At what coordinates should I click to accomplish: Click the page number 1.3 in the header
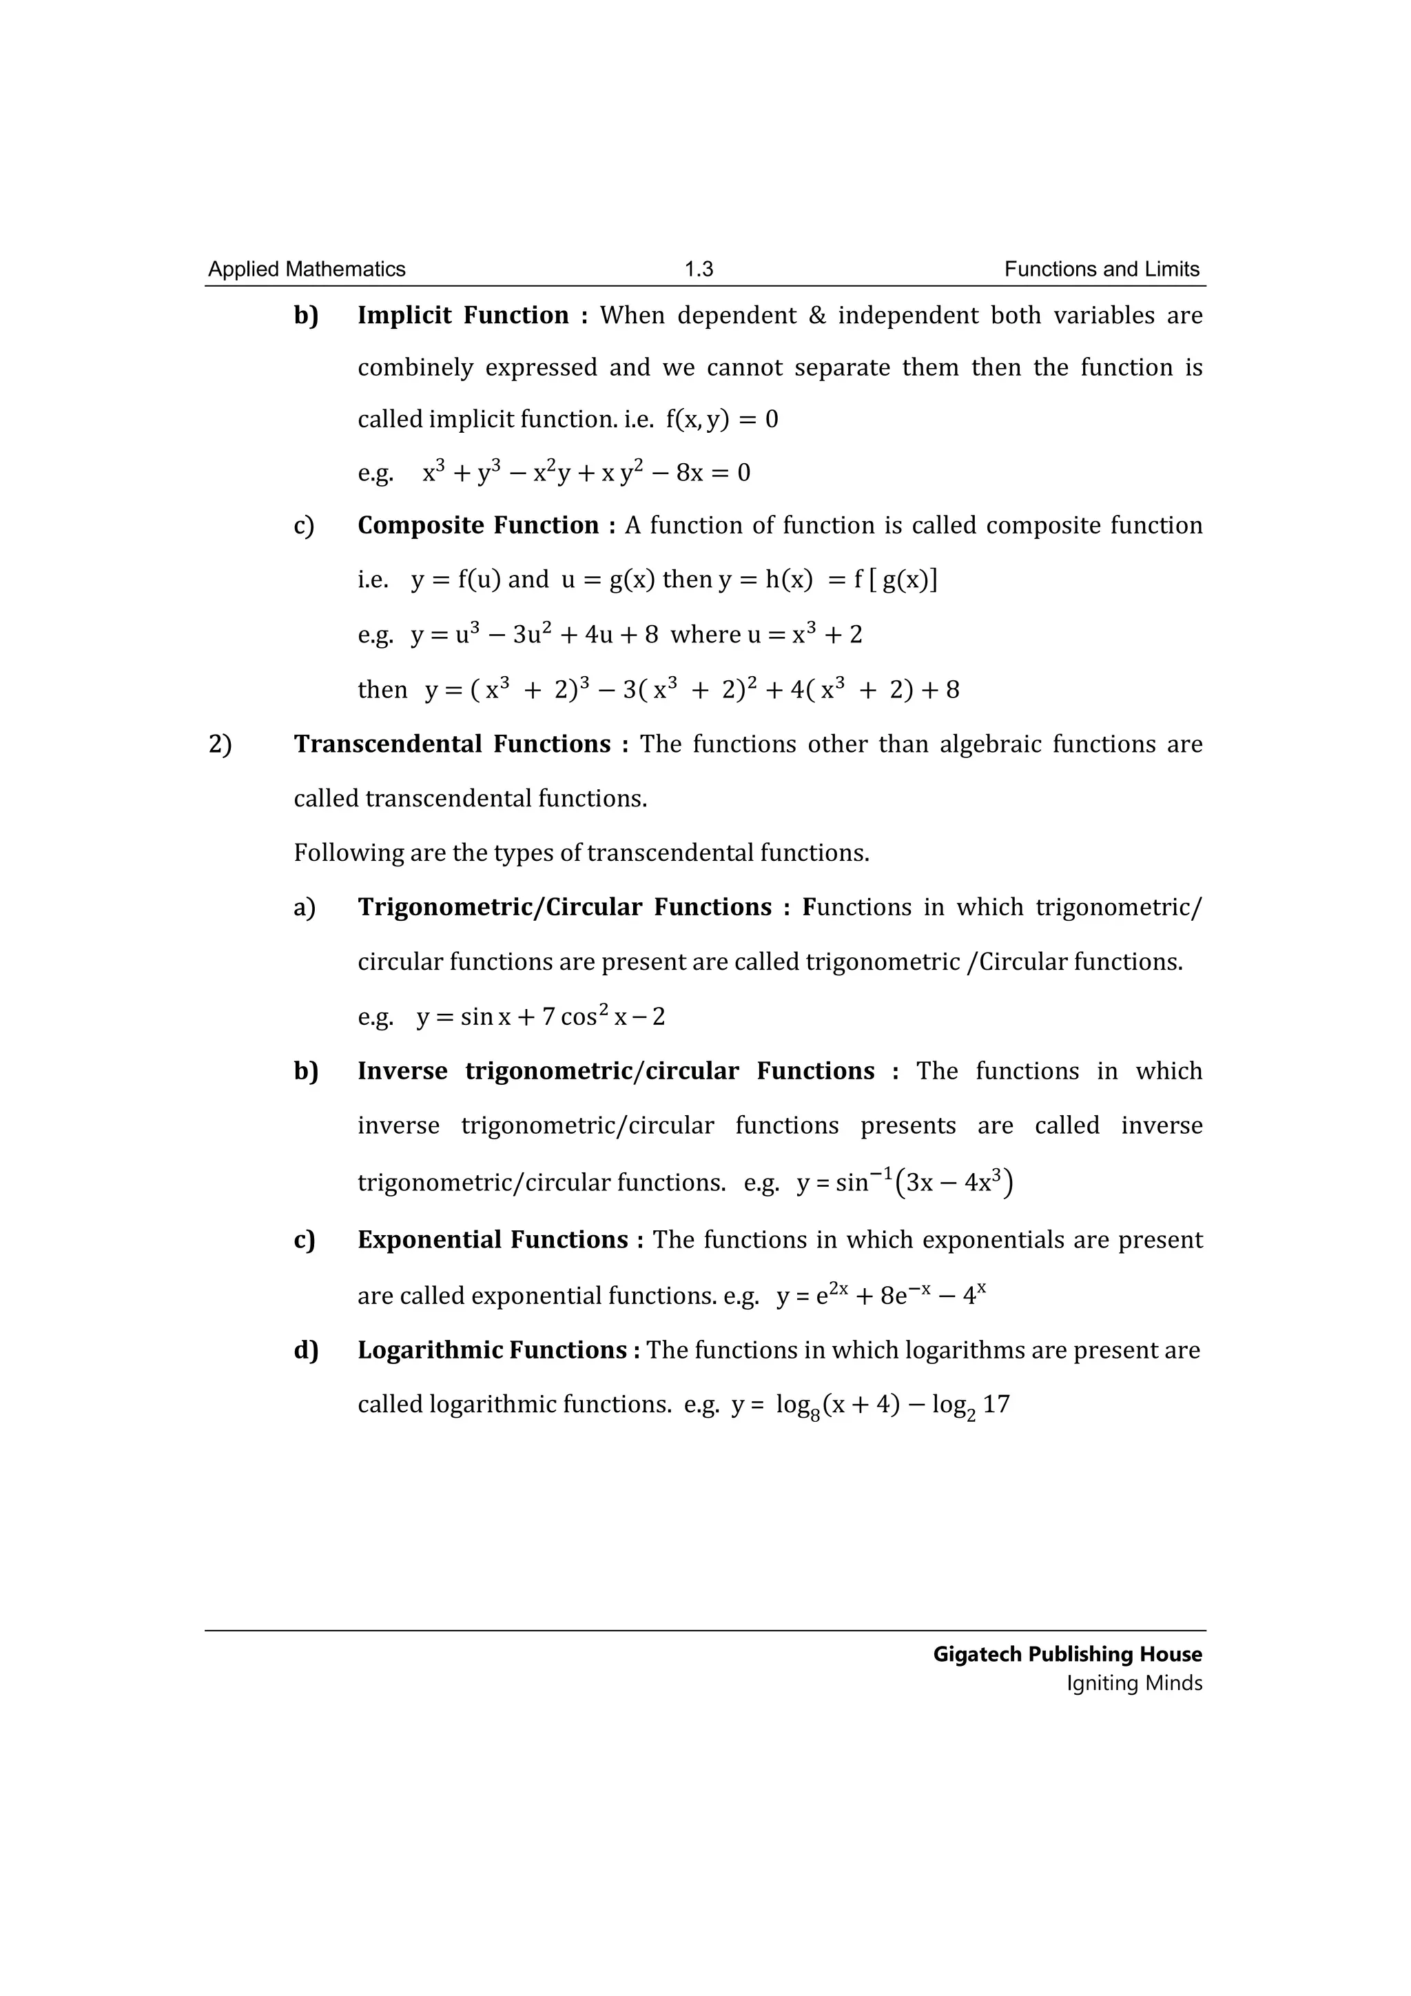[699, 269]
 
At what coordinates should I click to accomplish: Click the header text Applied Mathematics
[307, 269]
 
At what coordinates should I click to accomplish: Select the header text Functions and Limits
[1102, 269]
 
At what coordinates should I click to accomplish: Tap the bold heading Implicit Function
[463, 315]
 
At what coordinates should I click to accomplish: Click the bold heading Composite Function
[478, 525]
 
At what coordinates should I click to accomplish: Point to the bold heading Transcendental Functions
[452, 744]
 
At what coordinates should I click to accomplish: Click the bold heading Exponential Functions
[493, 1240]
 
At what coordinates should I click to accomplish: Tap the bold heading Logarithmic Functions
[492, 1350]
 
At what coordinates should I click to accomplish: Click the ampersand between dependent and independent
[816, 315]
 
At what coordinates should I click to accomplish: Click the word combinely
[415, 368]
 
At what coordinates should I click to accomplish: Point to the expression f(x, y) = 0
[722, 420]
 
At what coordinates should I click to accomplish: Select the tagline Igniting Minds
[1134, 1683]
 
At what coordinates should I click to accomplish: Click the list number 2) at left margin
[220, 744]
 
